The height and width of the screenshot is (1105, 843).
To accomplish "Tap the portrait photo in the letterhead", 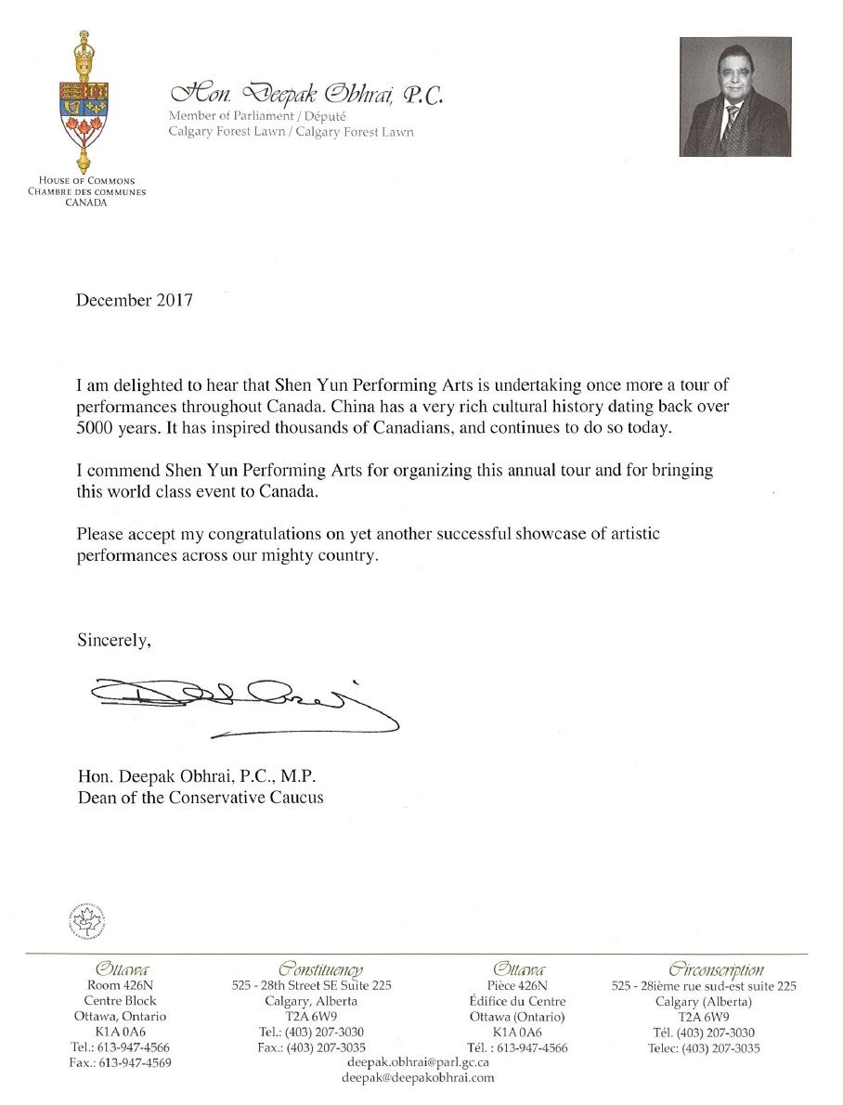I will pyautogui.click(x=734, y=97).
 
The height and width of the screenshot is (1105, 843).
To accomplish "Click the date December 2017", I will pyautogui.click(x=135, y=301).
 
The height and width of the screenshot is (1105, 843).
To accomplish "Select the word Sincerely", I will pyautogui.click(x=112, y=640).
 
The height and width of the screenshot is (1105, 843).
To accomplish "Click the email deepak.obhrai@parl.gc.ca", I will pyautogui.click(x=419, y=1060).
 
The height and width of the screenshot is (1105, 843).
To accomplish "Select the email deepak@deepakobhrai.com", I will pyautogui.click(x=419, y=1077).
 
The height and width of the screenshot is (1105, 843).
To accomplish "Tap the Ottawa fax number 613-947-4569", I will pyautogui.click(x=121, y=1062).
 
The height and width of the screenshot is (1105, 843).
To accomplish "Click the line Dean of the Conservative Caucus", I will pyautogui.click(x=201, y=798).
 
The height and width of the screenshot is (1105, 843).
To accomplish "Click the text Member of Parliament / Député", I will pyautogui.click(x=257, y=116).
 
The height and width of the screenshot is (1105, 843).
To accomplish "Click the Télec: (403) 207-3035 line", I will pyautogui.click(x=705, y=1048).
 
